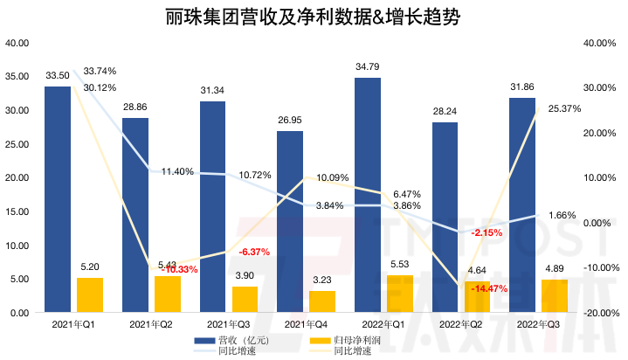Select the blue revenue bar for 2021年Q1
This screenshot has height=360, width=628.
click(x=58, y=199)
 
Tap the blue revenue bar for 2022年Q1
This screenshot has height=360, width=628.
click(x=367, y=195)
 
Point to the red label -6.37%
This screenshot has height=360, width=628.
click(x=254, y=252)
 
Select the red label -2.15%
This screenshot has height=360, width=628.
click(x=485, y=233)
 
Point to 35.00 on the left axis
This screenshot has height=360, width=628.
click(x=17, y=77)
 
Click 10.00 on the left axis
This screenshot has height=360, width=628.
click(x=17, y=246)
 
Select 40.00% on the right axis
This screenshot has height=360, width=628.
click(x=598, y=43)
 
